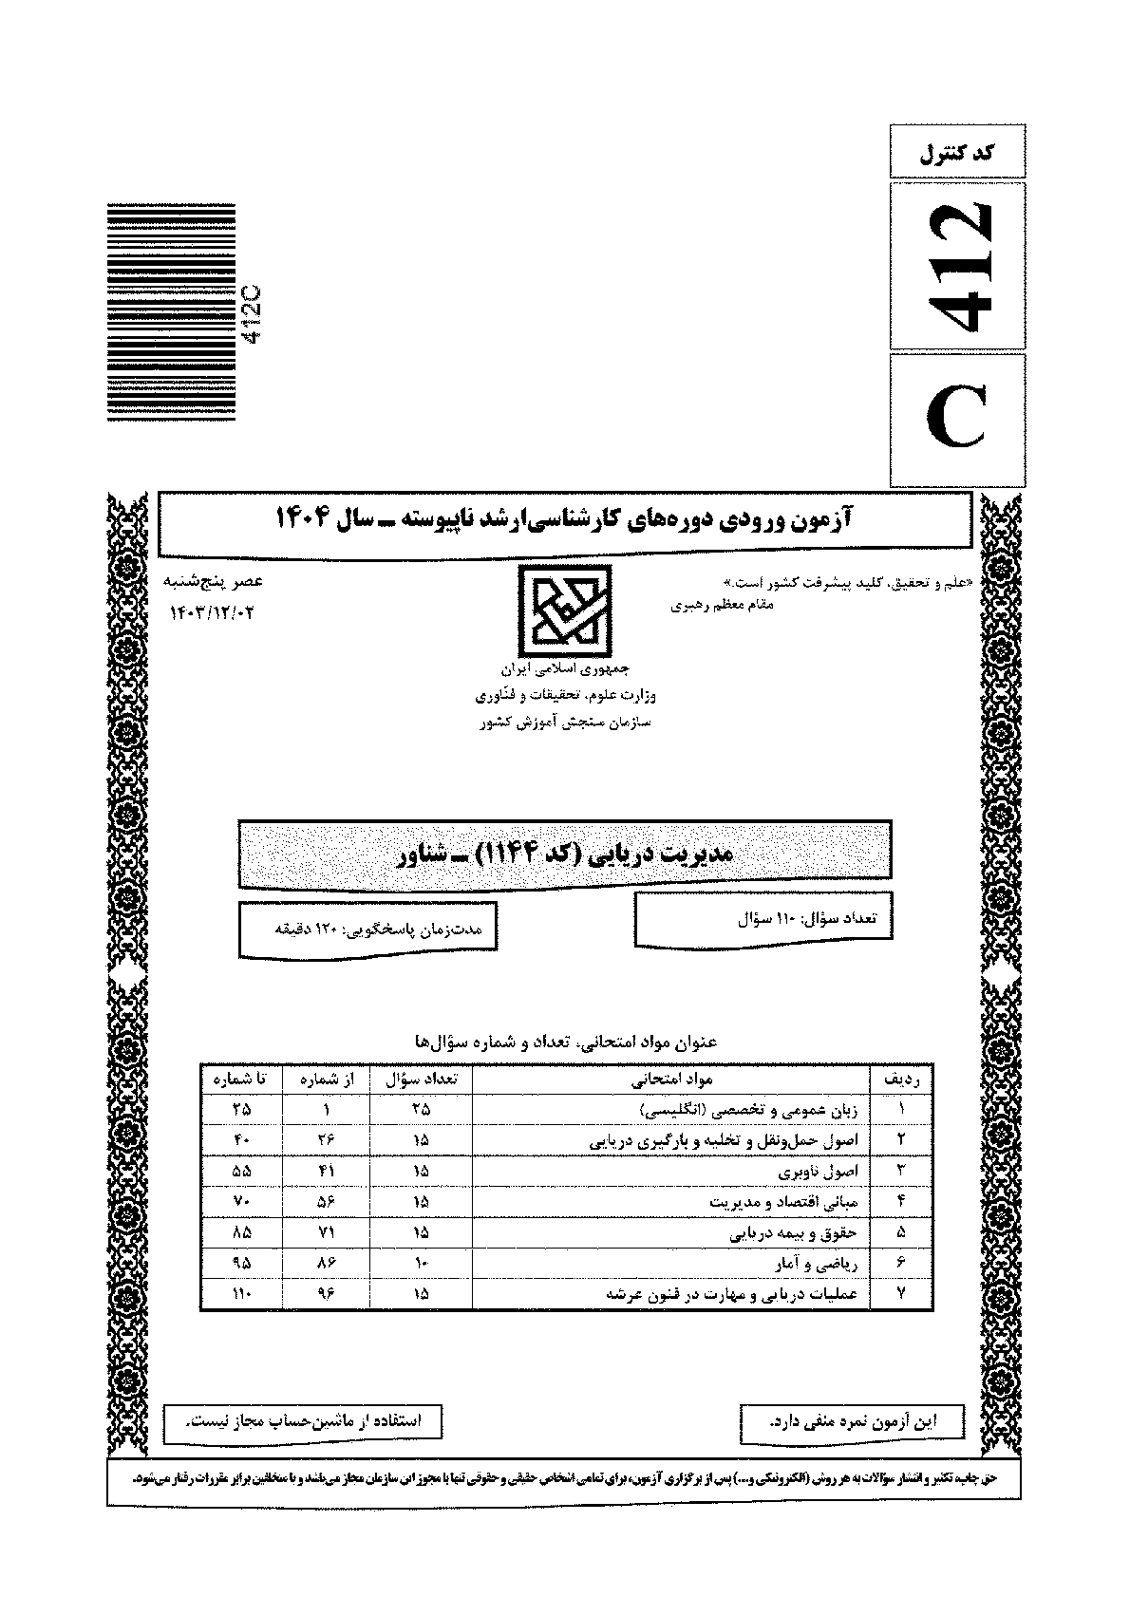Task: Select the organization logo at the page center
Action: (564, 609)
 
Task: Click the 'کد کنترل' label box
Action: (957, 151)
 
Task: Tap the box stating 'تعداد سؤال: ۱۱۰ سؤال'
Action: (764, 918)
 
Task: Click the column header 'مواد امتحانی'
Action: (672, 1080)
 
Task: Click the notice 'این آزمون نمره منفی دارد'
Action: (851, 1421)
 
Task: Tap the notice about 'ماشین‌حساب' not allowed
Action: (303, 1421)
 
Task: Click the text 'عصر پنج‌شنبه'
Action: (215, 581)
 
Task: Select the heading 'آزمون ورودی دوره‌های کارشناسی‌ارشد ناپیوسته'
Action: (565, 518)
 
